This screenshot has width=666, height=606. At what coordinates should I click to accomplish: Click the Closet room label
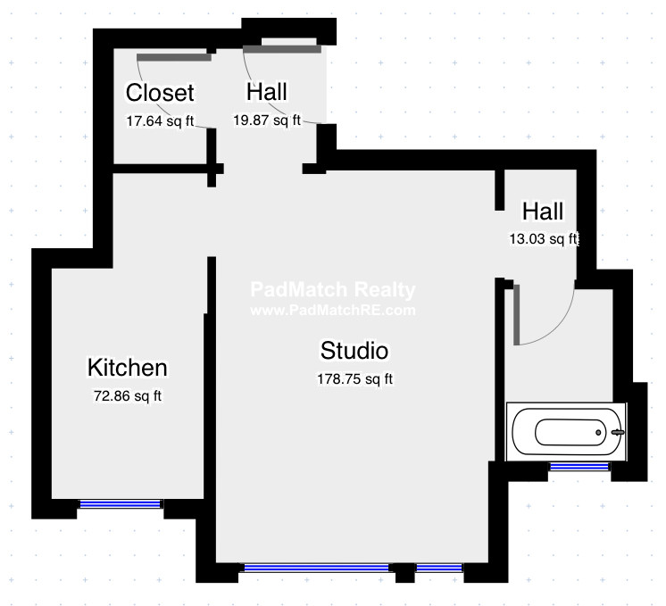coord(160,93)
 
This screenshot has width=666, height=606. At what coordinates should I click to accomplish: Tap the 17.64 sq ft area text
coord(160,122)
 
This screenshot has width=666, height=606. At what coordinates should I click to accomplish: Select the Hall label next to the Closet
coord(267,92)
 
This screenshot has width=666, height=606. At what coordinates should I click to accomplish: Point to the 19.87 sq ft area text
coord(267,120)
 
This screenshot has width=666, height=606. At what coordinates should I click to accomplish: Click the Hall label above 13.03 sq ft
coord(543,212)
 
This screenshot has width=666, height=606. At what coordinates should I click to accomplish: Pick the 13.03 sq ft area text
coord(543,238)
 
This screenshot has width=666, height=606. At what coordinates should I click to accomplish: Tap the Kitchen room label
coord(127,367)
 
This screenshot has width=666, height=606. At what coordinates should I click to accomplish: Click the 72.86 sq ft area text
coord(128,396)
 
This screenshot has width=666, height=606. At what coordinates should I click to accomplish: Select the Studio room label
coord(354,349)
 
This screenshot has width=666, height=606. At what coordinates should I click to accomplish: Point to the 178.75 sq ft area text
coord(354,378)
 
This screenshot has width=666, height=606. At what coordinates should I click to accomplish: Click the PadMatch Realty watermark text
coord(332,290)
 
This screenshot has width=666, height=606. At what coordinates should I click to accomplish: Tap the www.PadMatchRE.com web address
coord(332,311)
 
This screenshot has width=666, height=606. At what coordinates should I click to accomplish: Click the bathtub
coord(566,432)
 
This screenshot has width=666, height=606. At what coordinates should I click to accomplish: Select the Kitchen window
coord(121,504)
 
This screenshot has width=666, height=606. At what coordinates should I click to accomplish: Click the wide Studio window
coord(317,568)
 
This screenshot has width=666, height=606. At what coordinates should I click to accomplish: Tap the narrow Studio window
coord(439,568)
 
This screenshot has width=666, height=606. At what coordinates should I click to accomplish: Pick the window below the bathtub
coord(579,466)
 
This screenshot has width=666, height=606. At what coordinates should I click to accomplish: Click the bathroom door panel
coord(517,314)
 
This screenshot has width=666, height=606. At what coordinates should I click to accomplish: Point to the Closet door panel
coord(174,57)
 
